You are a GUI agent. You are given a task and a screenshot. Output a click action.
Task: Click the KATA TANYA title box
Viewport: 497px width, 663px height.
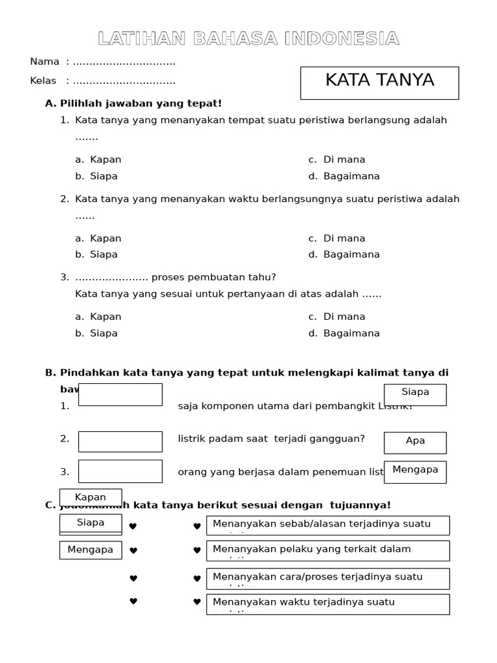coord(379,82)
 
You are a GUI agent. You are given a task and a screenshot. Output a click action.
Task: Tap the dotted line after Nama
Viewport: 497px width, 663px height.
coord(124,62)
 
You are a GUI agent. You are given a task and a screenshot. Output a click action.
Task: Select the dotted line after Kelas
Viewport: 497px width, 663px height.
coord(124,82)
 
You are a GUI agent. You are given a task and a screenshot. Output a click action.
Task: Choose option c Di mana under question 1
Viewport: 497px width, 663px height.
coord(337,159)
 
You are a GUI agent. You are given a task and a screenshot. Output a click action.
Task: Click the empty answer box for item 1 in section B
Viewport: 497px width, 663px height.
coord(120,394)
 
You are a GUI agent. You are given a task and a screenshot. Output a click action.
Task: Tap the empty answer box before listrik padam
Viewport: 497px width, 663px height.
coord(120,441)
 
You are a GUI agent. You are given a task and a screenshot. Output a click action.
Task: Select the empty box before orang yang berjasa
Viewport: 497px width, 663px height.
coord(120,471)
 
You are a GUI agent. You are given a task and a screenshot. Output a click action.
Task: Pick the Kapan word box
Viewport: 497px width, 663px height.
coord(91,497)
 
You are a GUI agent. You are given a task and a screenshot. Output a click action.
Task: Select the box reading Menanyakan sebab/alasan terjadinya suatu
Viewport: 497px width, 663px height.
coord(327,525)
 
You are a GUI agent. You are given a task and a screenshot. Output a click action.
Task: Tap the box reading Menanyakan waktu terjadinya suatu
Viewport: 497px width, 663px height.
coord(327,603)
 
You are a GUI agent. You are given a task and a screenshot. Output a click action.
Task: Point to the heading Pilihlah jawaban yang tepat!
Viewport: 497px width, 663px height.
coord(140,103)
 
